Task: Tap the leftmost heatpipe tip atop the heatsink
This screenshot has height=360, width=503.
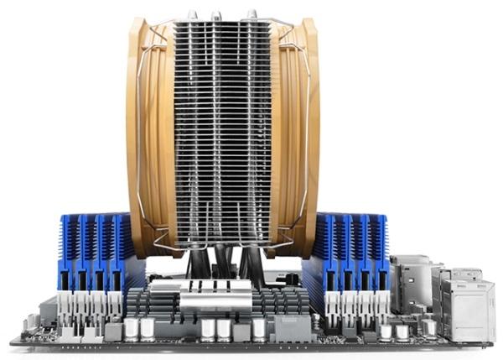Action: [x=192, y=14]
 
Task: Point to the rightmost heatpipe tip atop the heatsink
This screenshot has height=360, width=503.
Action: [x=251, y=14]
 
